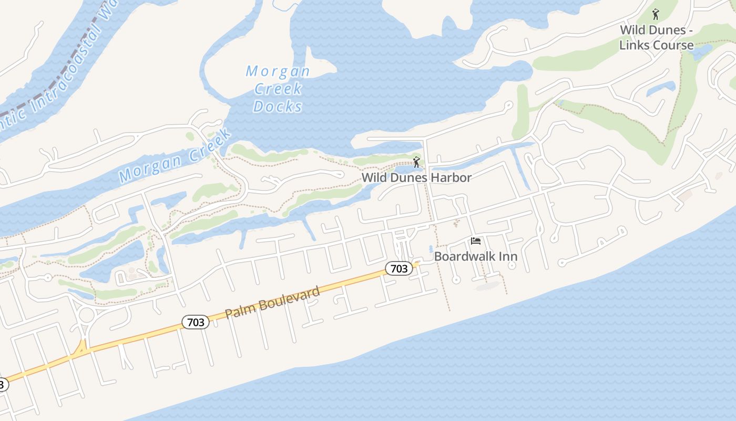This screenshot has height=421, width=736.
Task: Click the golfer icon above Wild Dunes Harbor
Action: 416,162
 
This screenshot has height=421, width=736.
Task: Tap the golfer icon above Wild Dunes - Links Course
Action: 656,14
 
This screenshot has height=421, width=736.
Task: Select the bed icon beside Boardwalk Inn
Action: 476,242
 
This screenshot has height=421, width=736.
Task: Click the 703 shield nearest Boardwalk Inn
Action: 398,268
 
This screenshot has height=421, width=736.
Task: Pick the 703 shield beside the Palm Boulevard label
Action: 196,322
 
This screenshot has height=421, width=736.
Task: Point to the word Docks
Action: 278,106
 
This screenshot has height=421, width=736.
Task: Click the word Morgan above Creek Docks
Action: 278,71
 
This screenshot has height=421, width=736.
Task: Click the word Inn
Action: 508,256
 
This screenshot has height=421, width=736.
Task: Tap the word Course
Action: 674,45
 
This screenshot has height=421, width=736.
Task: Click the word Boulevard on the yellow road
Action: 291,299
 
